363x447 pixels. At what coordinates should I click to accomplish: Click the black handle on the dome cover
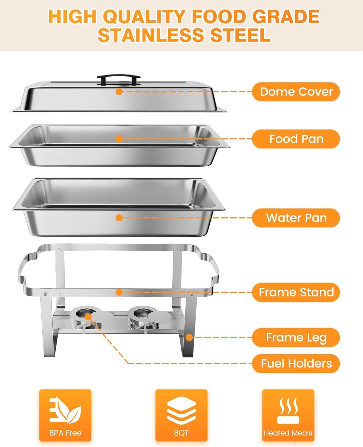click(x=118, y=78)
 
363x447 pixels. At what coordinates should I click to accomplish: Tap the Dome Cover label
click(x=296, y=92)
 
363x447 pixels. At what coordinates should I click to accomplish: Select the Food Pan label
click(x=296, y=139)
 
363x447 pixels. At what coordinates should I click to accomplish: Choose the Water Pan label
click(x=296, y=218)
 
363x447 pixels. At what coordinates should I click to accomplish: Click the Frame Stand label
click(x=296, y=292)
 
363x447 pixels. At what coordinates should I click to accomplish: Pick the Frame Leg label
click(x=296, y=338)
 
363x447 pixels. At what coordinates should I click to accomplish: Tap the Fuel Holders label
click(x=296, y=364)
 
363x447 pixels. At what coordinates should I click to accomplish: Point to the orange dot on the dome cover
click(x=119, y=91)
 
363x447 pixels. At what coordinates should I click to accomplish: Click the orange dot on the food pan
click(x=119, y=139)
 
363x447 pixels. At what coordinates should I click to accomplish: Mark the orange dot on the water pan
click(x=119, y=218)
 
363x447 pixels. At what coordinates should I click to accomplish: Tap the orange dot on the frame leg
click(x=189, y=338)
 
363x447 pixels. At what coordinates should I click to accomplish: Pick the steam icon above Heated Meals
click(x=288, y=410)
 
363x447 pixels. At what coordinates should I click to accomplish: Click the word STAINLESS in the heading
click(x=151, y=35)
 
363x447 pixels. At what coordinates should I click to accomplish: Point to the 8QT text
click(x=181, y=433)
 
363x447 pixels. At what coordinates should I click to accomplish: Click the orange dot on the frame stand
click(x=119, y=292)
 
